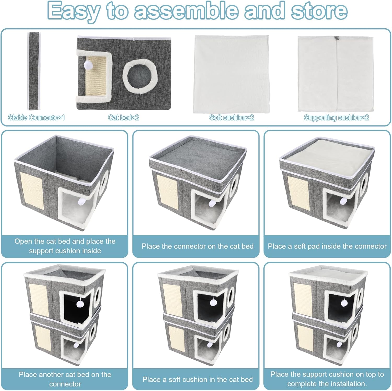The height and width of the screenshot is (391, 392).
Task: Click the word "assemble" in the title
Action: tap(186, 11)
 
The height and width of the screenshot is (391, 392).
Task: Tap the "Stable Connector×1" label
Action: tap(36, 118)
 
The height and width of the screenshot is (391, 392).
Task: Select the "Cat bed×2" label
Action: tap(124, 118)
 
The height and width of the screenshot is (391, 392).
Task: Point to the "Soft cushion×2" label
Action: tap(232, 118)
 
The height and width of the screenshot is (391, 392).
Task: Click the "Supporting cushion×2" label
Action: tap(336, 118)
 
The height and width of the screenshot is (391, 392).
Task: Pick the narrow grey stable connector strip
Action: tap(34, 71)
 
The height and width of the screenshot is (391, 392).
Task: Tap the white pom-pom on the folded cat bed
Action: tap(87, 64)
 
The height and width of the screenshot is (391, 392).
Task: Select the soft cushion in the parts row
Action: tap(232, 74)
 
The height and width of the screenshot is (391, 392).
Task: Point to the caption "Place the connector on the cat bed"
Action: tap(198, 246)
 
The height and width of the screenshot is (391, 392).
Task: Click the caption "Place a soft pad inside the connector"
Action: tap(327, 246)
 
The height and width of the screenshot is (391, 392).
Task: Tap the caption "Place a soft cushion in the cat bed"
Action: tap(198, 379)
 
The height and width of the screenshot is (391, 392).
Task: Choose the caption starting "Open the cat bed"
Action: tap(65, 246)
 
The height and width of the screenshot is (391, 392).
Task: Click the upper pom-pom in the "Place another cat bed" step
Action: tap(80, 304)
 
